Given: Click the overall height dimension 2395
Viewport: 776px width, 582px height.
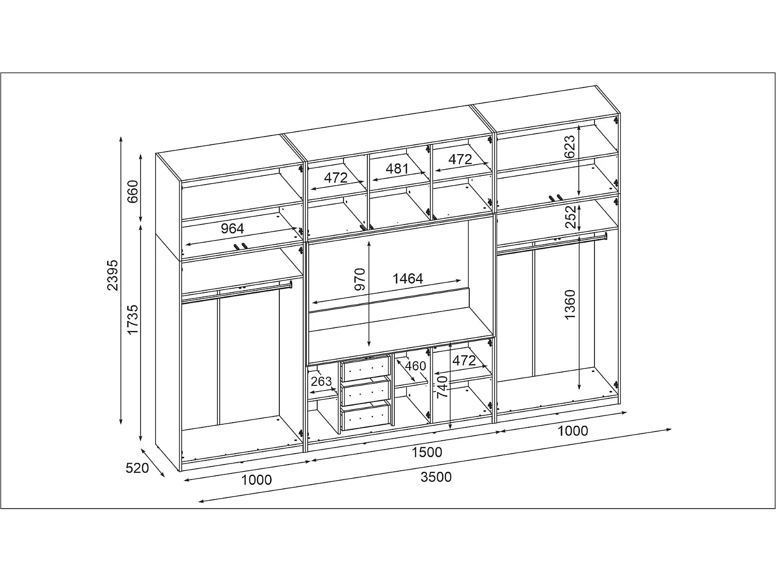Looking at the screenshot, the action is tap(112, 275).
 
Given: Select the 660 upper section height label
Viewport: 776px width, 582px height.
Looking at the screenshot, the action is tap(132, 191).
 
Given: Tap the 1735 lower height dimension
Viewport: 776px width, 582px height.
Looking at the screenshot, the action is tap(132, 320).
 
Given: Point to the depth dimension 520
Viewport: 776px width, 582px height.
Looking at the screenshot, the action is tap(137, 468).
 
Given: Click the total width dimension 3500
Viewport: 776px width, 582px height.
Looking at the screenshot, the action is tap(436, 477).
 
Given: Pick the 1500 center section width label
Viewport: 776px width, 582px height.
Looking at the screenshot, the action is tap(427, 452).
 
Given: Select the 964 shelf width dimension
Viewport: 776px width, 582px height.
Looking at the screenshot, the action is tap(232, 229).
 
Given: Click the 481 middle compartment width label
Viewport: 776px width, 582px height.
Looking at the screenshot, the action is tap(397, 169).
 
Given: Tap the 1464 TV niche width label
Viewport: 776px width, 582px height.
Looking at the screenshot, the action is tap(408, 279).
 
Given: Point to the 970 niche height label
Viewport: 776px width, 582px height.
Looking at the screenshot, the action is tap(360, 279).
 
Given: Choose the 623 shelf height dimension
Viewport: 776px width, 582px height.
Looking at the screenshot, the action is tap(570, 146).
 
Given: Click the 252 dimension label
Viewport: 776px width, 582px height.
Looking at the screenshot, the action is tap(571, 217).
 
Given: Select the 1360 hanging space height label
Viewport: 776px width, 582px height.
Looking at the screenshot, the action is tap(570, 305).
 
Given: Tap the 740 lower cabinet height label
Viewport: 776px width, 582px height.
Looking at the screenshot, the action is tap(442, 387).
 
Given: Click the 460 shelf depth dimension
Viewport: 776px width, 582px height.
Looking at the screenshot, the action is tap(415, 366).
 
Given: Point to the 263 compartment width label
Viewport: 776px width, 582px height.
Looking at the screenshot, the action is tap(321, 381).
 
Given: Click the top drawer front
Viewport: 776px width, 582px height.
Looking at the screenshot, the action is tap(366, 368).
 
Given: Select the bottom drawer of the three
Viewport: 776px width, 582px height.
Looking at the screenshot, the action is tap(366, 417).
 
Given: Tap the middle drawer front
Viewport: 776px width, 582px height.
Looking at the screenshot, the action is tap(366, 392).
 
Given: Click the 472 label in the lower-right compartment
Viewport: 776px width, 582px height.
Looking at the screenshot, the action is tap(464, 361).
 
